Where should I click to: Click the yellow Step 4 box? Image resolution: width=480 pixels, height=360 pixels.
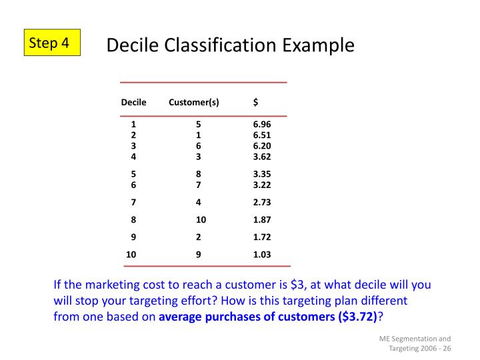tap(53, 43)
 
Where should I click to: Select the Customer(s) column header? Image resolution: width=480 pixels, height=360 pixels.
tap(194, 102)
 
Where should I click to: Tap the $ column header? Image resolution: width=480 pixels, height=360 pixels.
tap(256, 102)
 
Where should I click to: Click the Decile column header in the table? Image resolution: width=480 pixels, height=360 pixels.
tap(133, 102)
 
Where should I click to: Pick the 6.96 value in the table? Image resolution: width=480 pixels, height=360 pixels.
tap(262, 124)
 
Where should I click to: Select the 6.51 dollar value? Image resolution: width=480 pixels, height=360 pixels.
tap(262, 135)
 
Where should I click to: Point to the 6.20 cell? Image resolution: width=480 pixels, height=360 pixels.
tap(262, 146)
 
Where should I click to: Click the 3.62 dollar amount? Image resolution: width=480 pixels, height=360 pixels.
tap(262, 157)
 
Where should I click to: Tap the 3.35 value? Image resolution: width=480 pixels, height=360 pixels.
tap(262, 174)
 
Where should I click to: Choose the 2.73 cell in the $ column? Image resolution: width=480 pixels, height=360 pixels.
tap(262, 202)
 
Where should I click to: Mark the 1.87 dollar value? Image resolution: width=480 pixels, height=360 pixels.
tap(262, 219)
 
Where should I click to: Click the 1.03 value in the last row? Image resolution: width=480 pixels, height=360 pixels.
tap(262, 254)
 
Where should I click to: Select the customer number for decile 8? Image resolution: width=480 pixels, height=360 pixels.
tap(201, 219)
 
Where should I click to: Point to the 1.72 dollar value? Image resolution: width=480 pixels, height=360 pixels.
tap(262, 237)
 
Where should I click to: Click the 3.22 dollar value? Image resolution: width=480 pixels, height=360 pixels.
tap(262, 185)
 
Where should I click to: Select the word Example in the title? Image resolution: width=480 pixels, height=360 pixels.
tap(319, 45)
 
